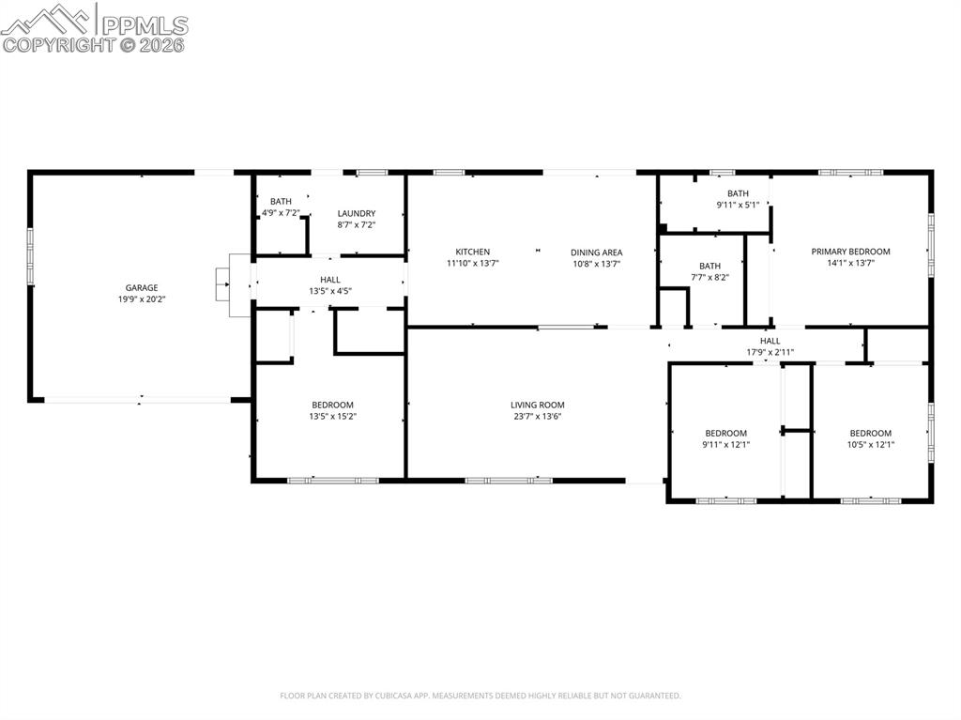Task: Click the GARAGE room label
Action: coord(142,288)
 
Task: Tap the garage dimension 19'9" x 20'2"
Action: coord(142,299)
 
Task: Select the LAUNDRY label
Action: coord(357,213)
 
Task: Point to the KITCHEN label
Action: coord(473,252)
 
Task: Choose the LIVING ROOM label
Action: coord(538,405)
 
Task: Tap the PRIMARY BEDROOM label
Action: coord(850,252)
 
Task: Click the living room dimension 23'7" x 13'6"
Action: coord(538,417)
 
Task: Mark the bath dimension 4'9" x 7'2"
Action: coord(281,213)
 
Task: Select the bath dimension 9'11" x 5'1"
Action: coord(738,205)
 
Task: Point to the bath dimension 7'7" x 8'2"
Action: coord(709,277)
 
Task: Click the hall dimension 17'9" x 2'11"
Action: coord(770,352)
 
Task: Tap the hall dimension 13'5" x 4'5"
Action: coord(330,291)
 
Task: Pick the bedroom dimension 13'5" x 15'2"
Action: coord(332,417)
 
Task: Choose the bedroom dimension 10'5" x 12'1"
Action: coord(870,444)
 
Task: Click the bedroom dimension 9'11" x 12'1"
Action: coord(725,444)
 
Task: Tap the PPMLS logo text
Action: coord(145,24)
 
